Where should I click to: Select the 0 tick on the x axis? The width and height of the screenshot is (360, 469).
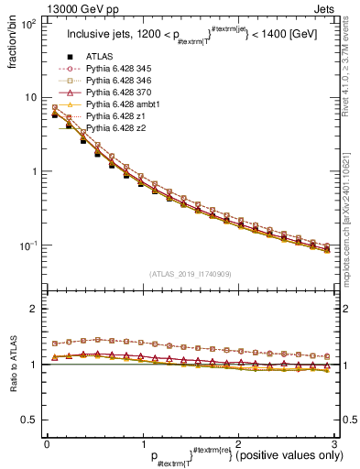47,442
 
